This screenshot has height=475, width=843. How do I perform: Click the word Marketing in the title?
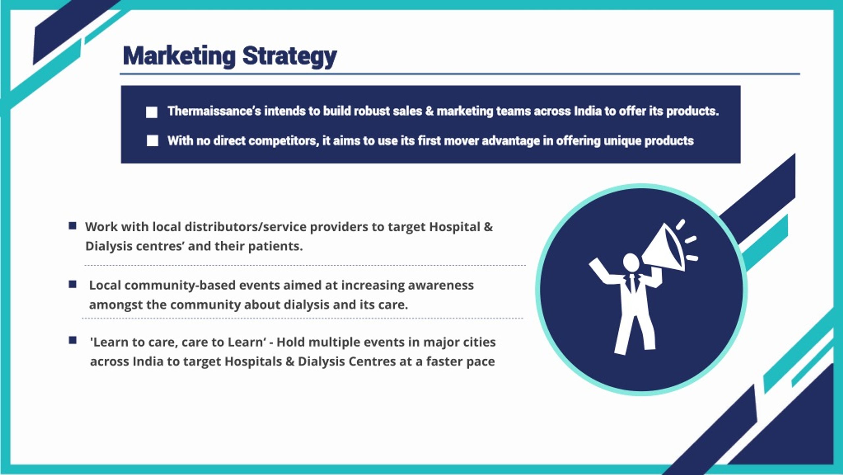[x=179, y=56]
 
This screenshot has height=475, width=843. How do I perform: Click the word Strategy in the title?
[x=289, y=57]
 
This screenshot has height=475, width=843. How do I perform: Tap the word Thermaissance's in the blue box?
[x=214, y=111]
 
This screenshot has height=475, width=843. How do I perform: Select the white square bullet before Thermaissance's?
[x=151, y=112]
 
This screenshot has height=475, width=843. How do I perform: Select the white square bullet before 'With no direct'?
[x=152, y=140]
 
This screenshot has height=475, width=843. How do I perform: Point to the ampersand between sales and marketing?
[x=429, y=111]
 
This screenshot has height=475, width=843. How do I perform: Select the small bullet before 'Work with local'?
[x=72, y=226]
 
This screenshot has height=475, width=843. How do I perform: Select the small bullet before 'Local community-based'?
[x=72, y=284]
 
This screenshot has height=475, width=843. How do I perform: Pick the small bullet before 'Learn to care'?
[x=72, y=340]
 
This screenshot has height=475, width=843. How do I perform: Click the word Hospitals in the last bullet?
[x=253, y=362]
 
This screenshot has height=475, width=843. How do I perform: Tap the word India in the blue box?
[x=588, y=111]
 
